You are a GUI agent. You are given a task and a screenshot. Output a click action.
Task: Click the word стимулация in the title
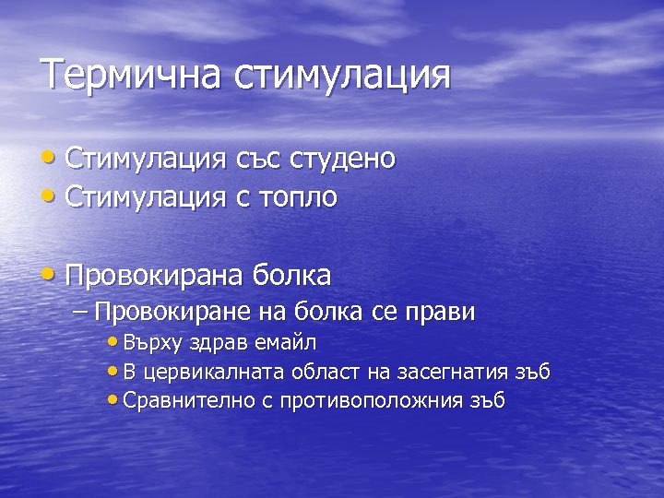[342, 76]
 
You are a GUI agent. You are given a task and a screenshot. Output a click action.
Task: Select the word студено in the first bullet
[343, 159]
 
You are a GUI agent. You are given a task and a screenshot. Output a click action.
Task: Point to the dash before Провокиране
[79, 313]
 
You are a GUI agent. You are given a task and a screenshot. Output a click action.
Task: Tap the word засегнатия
[452, 372]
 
